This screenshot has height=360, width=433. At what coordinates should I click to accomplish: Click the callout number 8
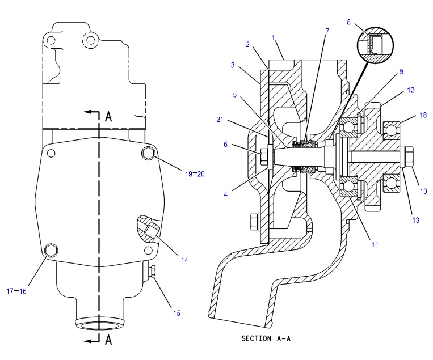349,22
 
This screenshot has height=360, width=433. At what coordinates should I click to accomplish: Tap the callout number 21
220,120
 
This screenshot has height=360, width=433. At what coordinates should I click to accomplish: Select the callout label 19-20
195,174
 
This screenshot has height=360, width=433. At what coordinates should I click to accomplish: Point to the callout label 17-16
16,291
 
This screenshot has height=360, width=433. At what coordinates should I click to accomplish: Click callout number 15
176,313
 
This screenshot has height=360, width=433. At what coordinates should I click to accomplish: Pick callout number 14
184,260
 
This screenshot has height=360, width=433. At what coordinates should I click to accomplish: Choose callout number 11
375,244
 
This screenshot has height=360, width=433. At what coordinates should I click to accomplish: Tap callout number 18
423,115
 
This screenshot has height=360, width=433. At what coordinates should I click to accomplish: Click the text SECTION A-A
266,338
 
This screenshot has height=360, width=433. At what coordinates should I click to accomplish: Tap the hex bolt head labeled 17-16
52,250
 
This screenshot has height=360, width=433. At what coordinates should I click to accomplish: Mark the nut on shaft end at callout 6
263,156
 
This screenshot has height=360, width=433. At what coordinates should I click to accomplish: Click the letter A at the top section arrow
108,116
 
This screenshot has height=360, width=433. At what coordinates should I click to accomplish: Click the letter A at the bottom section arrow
108,340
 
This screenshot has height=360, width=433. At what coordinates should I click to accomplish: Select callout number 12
411,90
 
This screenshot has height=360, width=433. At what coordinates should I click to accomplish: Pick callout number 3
233,65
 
